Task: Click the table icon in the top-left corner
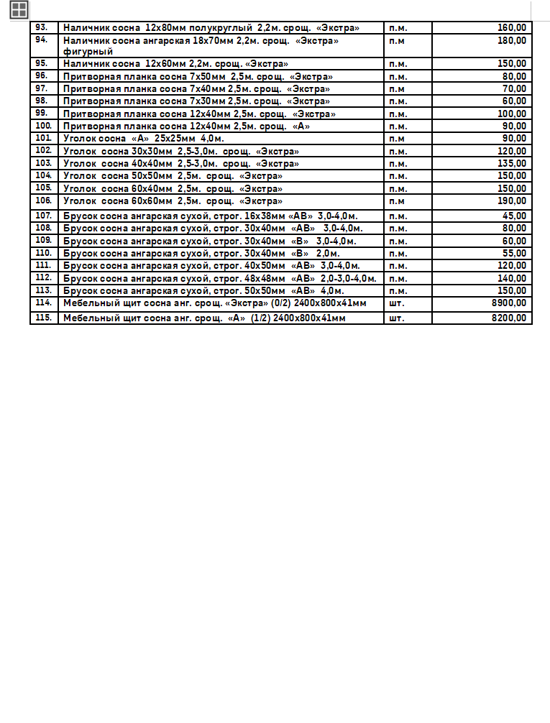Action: pos(19,9)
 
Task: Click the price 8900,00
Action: pos(508,303)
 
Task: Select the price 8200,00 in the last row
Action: pos(508,317)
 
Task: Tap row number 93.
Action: pos(42,27)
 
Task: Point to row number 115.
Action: pos(43,317)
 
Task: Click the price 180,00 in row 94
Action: pos(511,40)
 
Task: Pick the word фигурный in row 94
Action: pos(88,52)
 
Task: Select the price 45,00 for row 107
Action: pos(514,216)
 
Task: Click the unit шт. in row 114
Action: pos(396,303)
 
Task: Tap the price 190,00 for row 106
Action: pos(511,201)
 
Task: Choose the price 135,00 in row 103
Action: pos(511,163)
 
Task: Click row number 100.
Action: pos(43,126)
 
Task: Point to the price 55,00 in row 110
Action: pos(514,253)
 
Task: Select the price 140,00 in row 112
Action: pos(511,278)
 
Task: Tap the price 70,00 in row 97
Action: pos(514,88)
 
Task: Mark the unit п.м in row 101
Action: pos(397,138)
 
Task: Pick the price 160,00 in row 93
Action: pos(511,27)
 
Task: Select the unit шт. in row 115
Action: pos(396,317)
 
